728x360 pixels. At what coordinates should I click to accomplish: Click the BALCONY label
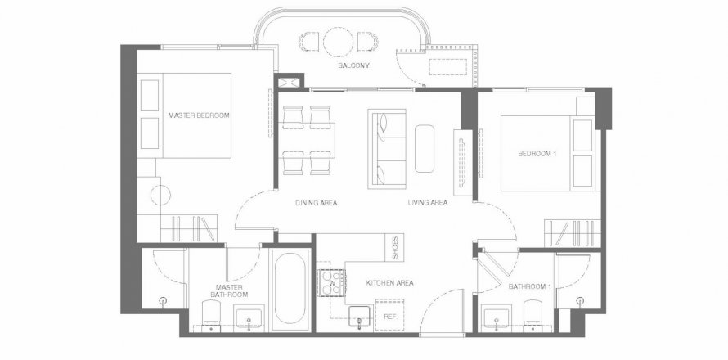click(x=354, y=65)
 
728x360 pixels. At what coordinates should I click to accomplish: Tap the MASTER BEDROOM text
click(x=199, y=115)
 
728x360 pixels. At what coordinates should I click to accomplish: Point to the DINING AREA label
click(x=317, y=203)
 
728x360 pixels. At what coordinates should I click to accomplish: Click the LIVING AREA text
click(x=428, y=203)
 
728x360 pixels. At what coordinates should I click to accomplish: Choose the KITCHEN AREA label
click(x=390, y=283)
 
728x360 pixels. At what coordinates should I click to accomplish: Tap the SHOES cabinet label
click(x=395, y=248)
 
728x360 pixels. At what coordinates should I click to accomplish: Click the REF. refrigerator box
click(x=390, y=315)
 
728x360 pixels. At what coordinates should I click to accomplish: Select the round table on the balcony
click(x=339, y=43)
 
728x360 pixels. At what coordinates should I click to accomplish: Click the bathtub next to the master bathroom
click(x=290, y=290)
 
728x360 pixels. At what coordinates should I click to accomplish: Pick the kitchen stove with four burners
click(x=331, y=283)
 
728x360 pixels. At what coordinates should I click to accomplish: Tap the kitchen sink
click(x=359, y=317)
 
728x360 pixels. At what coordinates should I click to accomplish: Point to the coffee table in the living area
click(x=425, y=149)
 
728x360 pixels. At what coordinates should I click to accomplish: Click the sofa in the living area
click(x=387, y=149)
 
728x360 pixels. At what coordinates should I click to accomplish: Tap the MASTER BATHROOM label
click(x=229, y=291)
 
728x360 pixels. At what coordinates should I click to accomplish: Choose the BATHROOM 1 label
click(x=530, y=286)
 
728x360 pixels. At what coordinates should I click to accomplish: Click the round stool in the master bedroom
click(x=160, y=195)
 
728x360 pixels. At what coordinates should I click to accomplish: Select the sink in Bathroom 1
click(x=497, y=317)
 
